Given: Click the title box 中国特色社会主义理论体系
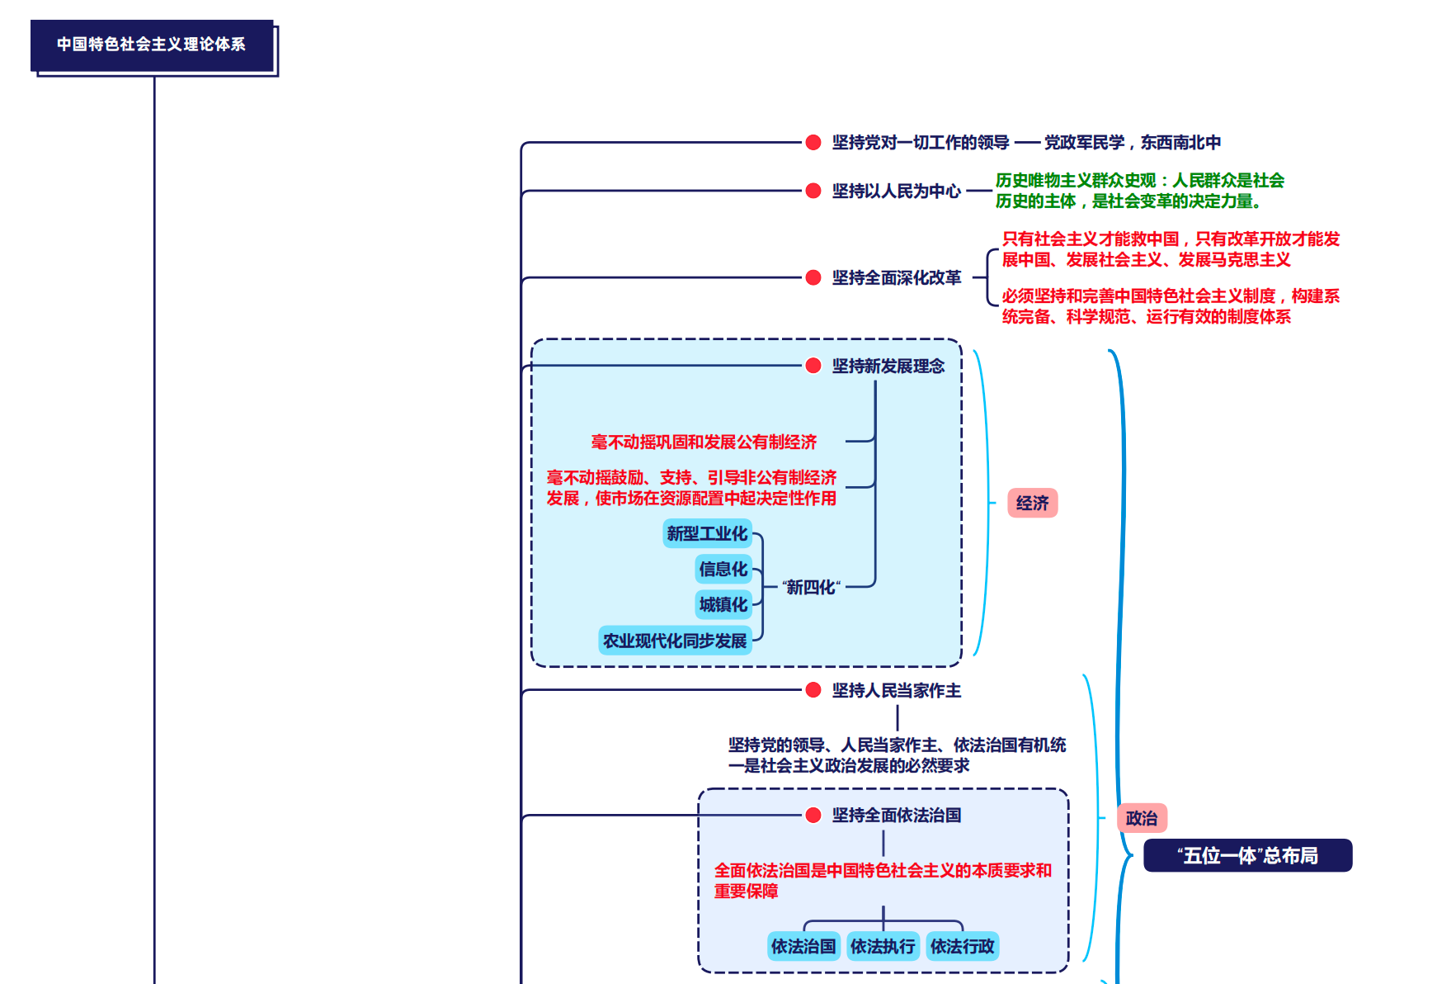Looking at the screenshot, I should (x=152, y=45).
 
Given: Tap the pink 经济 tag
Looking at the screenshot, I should (x=1032, y=503).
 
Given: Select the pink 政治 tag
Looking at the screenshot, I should (x=1142, y=818).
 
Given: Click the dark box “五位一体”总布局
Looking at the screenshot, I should (x=1247, y=855).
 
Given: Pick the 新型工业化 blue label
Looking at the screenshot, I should (x=707, y=533).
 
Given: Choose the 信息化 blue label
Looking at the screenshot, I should (x=723, y=569).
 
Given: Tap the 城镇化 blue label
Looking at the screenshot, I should (x=723, y=604).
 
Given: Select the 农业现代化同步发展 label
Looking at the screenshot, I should (x=674, y=641).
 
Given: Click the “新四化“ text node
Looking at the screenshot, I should (x=811, y=587).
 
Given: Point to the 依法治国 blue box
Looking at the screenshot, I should (x=803, y=946).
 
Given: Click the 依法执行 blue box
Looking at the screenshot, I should (x=883, y=946).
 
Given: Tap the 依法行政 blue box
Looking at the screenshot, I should (x=962, y=946).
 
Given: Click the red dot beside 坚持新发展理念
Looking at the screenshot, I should (x=813, y=366).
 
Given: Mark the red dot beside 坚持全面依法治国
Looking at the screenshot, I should (x=813, y=816).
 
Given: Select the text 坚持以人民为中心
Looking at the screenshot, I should (x=896, y=191).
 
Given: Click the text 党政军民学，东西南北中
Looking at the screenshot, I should (x=1132, y=142).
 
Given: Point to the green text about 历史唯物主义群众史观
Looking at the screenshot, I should (x=1139, y=191).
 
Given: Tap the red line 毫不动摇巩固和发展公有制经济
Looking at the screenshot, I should (x=704, y=442).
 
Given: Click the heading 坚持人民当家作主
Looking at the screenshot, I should (x=896, y=690).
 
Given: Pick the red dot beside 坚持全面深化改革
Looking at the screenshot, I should (x=813, y=277).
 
